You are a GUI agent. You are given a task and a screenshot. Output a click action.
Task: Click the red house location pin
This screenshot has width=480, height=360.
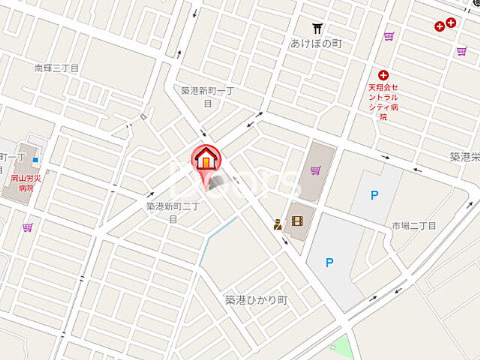tap(205, 160)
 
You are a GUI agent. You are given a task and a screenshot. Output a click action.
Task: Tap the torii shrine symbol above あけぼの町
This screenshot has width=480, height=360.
tap(318, 28)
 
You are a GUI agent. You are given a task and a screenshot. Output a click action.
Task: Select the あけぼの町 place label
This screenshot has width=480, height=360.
tap(316, 43)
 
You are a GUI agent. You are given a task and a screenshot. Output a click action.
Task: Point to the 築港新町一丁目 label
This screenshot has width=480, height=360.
tap(208, 95)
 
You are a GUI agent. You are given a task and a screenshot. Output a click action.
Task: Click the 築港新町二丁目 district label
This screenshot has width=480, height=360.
tap(172, 211)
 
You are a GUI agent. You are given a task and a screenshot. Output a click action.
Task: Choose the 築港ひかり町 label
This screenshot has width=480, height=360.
tap(256, 299)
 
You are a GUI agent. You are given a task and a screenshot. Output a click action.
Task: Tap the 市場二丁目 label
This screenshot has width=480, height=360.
tap(413, 225)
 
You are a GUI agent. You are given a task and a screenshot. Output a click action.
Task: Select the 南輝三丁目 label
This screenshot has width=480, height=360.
tap(56, 67)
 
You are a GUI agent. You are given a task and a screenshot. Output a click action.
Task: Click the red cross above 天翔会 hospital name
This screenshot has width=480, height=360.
tap(383, 74)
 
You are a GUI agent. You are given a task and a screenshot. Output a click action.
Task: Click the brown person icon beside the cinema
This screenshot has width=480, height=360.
tap(278, 223)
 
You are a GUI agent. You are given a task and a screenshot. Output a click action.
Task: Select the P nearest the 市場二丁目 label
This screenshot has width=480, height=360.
tap(374, 195)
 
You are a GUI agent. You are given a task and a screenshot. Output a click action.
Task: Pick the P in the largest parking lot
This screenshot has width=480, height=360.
tap(328, 262)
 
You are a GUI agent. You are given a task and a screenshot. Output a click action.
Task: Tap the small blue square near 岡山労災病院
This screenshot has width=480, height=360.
tap(35, 159)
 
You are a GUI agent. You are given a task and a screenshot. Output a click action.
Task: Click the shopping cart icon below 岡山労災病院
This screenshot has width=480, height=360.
tap(28, 226)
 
